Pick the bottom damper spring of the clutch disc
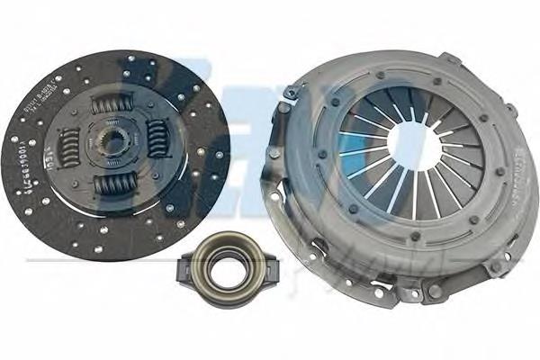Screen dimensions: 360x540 click(x=114, y=185)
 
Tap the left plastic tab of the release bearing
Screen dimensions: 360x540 click(x=187, y=266)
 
